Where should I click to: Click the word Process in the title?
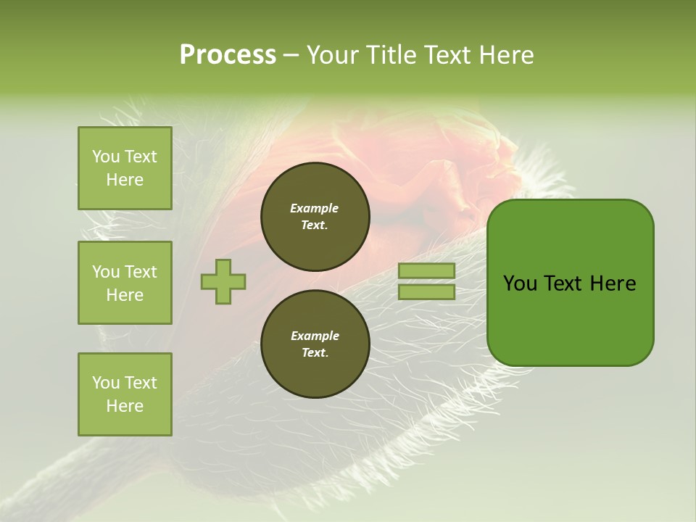point(228,55)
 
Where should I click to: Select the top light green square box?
point(125,168)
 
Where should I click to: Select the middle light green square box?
point(125,283)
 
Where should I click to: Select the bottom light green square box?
point(125,394)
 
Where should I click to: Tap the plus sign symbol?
point(223,281)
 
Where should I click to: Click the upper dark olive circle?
point(315,217)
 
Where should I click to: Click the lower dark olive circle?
point(315,344)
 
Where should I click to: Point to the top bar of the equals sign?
point(426,271)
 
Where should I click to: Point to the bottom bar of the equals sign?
point(426,291)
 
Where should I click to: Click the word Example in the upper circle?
point(315,208)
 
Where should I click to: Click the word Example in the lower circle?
point(315,336)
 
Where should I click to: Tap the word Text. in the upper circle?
point(315,225)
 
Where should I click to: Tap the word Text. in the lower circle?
point(315,353)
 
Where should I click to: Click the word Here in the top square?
point(125,180)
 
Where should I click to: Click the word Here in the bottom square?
point(125,406)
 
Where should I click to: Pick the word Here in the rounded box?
point(613,283)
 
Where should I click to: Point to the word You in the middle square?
point(105,272)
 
